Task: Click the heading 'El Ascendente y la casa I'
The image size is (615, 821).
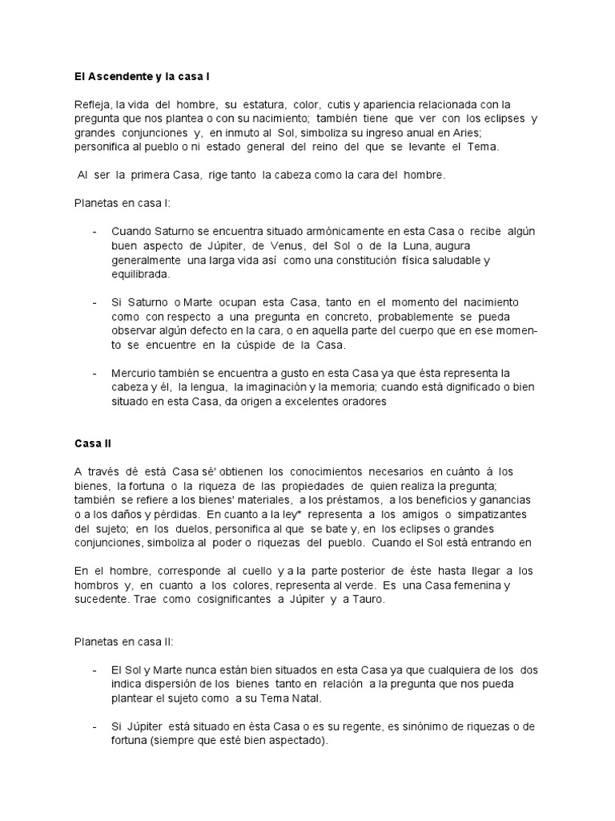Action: (x=141, y=76)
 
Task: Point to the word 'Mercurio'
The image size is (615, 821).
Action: (x=136, y=374)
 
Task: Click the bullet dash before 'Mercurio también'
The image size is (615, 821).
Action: (x=95, y=374)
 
